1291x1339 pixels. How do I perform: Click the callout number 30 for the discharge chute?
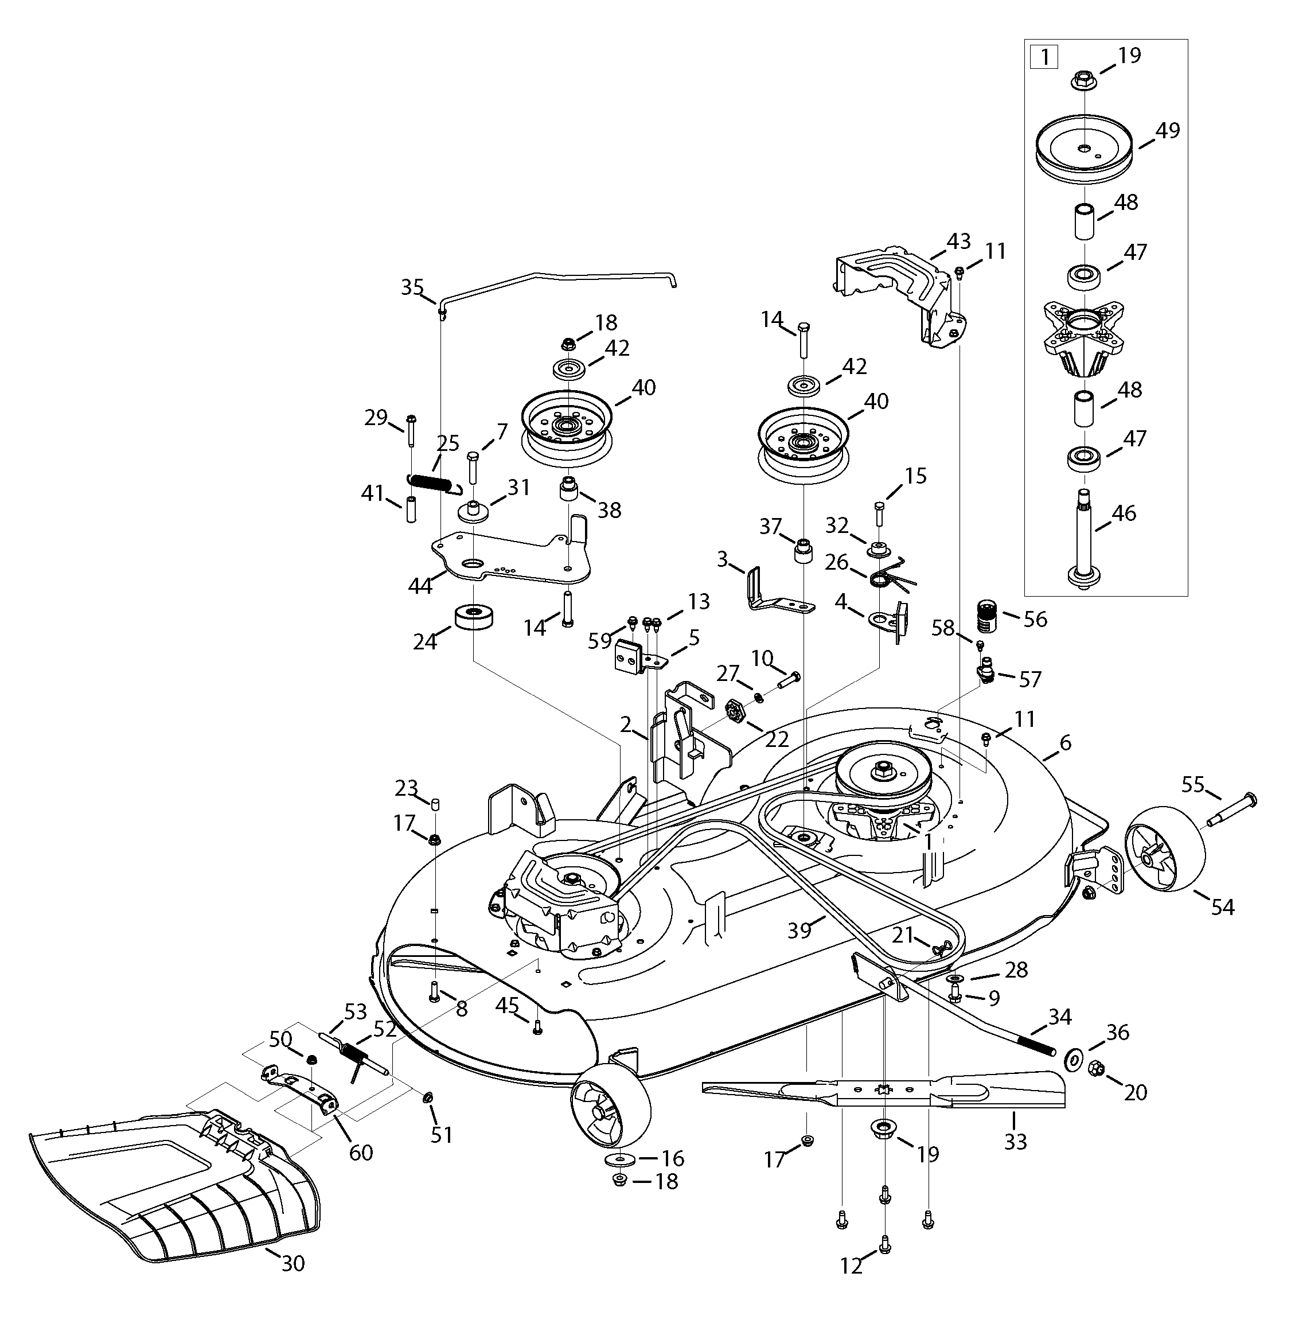(292, 1264)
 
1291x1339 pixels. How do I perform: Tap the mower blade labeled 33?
(888, 1095)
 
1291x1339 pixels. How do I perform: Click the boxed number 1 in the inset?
(1044, 57)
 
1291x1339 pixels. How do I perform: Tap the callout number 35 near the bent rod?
(412, 287)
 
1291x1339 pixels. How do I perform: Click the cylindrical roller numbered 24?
(474, 618)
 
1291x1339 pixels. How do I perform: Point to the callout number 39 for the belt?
(799, 930)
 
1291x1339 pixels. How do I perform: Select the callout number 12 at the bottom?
(851, 1266)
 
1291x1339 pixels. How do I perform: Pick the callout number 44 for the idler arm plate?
(420, 586)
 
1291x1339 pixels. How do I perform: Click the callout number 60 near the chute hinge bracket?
(361, 1153)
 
